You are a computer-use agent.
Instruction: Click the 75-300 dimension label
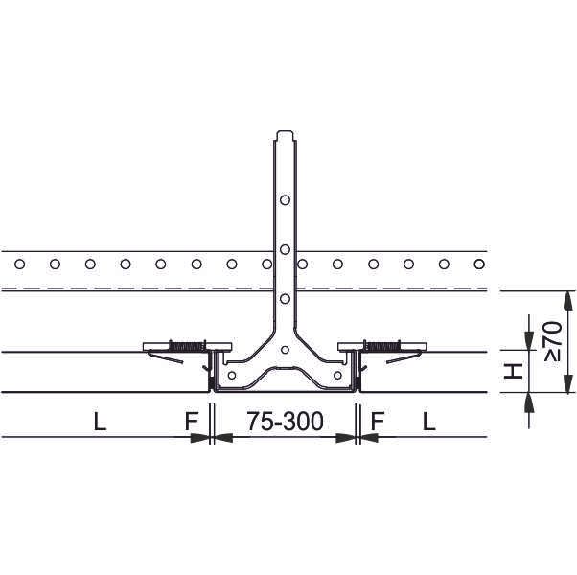(285, 422)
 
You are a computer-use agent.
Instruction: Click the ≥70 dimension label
(554, 341)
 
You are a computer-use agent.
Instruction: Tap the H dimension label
(514, 371)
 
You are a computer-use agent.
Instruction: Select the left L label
(100, 422)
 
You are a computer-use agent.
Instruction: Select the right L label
(429, 422)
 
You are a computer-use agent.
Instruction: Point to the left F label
(192, 422)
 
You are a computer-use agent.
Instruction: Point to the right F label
(378, 422)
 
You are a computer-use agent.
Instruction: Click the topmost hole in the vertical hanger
(285, 200)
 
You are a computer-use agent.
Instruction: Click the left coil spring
(187, 346)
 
